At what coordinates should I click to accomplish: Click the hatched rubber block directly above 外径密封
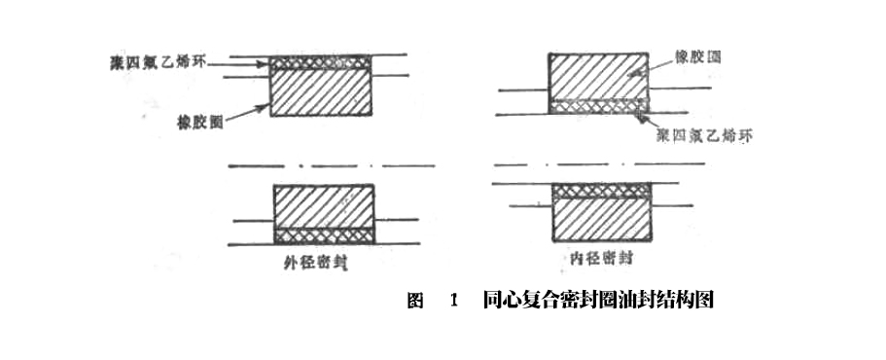(323, 205)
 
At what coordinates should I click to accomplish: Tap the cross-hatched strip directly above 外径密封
(323, 235)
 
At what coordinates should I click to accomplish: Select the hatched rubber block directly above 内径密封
(599, 221)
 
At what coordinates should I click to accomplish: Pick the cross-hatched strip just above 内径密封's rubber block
(599, 192)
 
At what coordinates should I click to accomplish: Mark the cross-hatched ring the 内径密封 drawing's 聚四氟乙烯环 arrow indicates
(599, 106)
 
